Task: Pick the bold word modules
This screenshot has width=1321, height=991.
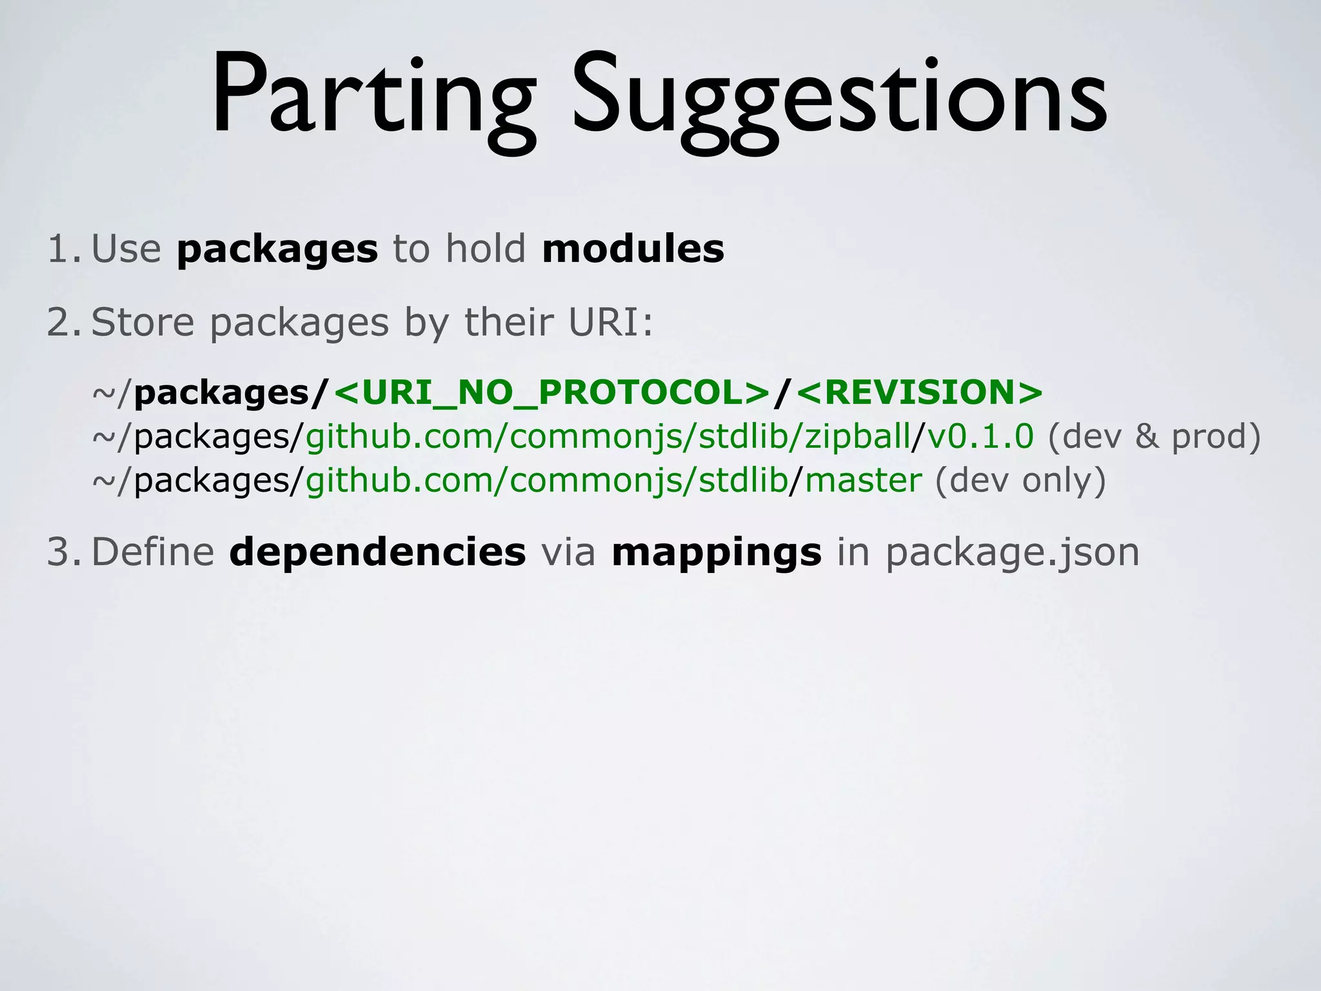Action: [x=633, y=249]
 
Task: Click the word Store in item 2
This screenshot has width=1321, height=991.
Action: [x=143, y=322]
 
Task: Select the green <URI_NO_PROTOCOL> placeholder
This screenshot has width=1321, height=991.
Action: [x=552, y=392]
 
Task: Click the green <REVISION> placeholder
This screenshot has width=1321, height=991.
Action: [x=920, y=392]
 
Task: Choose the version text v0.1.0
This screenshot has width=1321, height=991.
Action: [x=980, y=436]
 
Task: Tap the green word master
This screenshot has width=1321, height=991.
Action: [x=864, y=481]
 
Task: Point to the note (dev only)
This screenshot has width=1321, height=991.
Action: [x=1020, y=481]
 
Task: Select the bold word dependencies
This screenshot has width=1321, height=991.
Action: [x=377, y=552]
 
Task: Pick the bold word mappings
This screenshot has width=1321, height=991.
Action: [x=717, y=554]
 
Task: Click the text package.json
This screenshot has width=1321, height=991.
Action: [x=1012, y=554]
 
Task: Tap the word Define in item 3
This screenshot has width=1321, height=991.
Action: [x=153, y=552]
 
